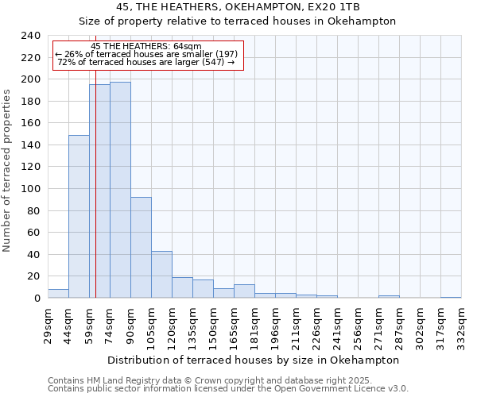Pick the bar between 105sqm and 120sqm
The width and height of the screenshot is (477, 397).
click(161, 275)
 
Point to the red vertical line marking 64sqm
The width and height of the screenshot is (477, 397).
click(95, 198)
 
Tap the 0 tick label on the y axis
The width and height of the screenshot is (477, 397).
click(37, 299)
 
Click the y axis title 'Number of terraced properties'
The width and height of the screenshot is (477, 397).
click(8, 170)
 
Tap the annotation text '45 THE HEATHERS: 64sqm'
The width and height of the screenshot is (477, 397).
click(147, 46)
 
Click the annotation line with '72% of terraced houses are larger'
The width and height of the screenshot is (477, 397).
click(147, 63)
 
